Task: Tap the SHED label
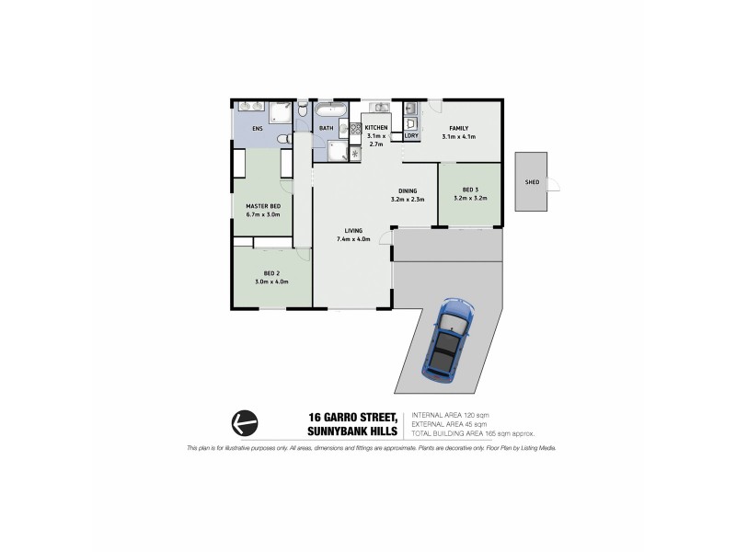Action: (532, 182)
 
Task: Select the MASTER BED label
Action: (262, 206)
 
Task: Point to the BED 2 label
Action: (271, 273)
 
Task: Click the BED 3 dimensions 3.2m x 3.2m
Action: (470, 198)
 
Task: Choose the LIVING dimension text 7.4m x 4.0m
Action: (353, 239)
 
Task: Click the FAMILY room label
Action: (458, 128)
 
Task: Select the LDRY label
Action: (411, 136)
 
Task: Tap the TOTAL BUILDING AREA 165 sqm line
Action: (473, 432)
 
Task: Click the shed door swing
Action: (553, 184)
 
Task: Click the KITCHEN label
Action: (376, 128)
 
